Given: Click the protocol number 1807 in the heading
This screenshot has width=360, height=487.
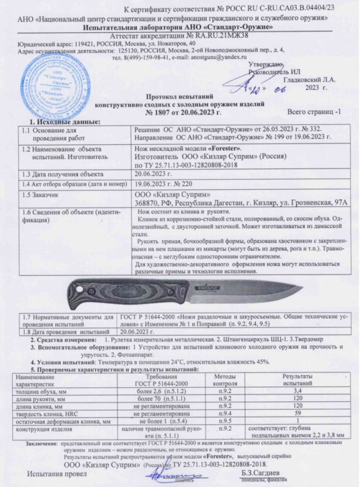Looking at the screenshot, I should coord(164,114).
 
